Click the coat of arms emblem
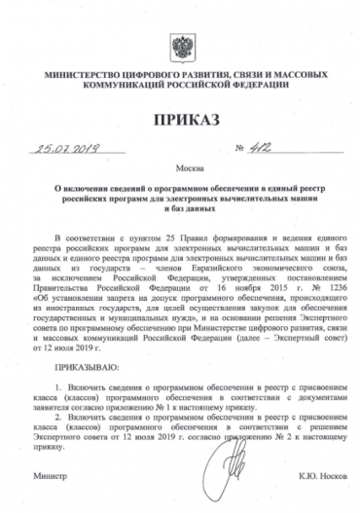coord(180,46)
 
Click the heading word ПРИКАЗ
coord(180,120)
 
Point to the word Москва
coord(180,167)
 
